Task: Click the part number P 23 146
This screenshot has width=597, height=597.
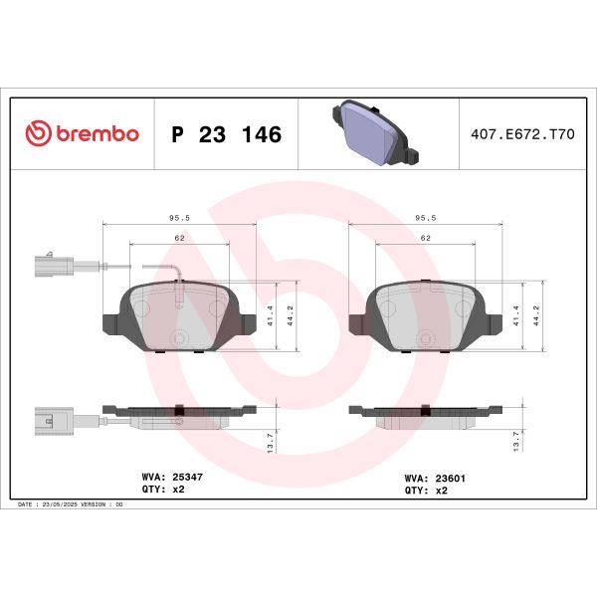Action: (227, 134)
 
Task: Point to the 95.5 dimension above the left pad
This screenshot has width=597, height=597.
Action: (180, 214)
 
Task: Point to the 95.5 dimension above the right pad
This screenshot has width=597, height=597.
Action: (425, 214)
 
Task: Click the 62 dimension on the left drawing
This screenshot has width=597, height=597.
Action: (180, 239)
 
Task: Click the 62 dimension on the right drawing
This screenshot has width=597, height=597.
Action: (425, 239)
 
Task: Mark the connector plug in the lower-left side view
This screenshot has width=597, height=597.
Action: (48, 421)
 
